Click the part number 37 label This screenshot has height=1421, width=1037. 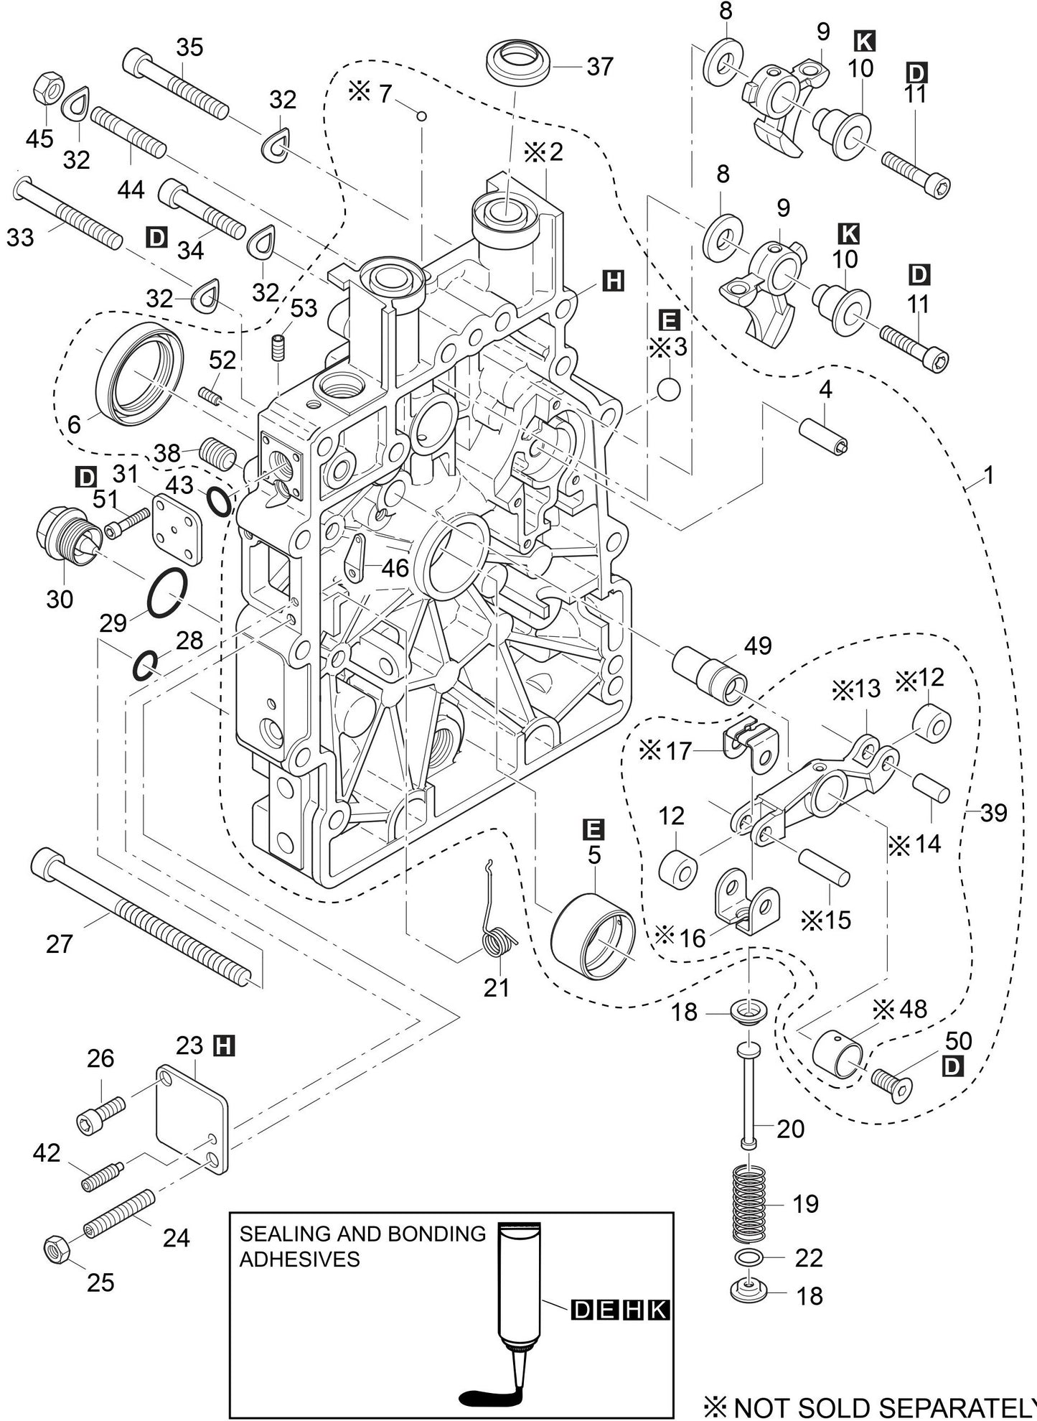[x=599, y=67]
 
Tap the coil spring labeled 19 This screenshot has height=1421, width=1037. [x=750, y=1203]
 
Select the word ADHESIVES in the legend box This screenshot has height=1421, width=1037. [x=299, y=1259]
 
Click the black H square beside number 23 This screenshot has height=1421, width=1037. [x=225, y=1046]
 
